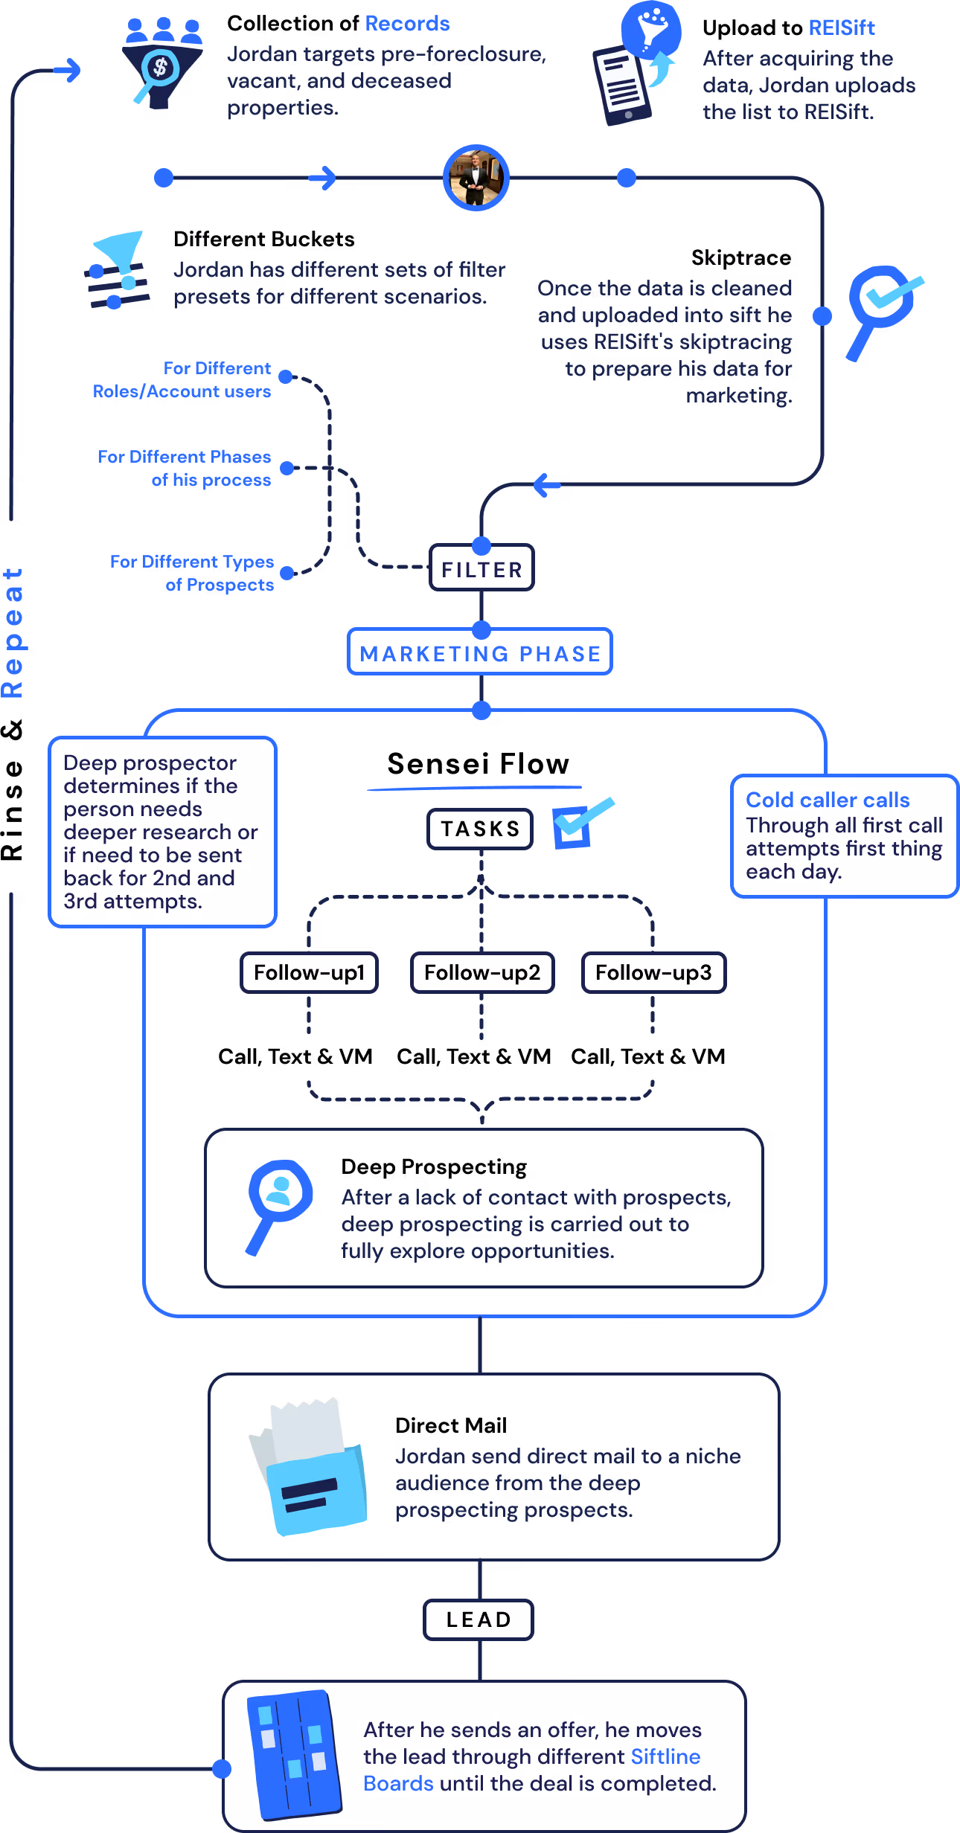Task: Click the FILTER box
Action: pos(481,569)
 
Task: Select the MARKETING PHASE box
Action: pos(480,653)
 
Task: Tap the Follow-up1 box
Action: pos(309,972)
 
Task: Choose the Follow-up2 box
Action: pos(482,972)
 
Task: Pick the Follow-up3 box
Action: pos(653,972)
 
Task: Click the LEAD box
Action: pos(479,1619)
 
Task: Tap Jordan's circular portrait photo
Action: pos(476,178)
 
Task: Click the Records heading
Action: pos(407,24)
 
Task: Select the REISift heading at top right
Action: pos(841,28)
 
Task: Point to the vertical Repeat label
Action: pos(13,632)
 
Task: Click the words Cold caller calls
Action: pos(828,800)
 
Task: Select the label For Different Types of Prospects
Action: pos(192,573)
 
